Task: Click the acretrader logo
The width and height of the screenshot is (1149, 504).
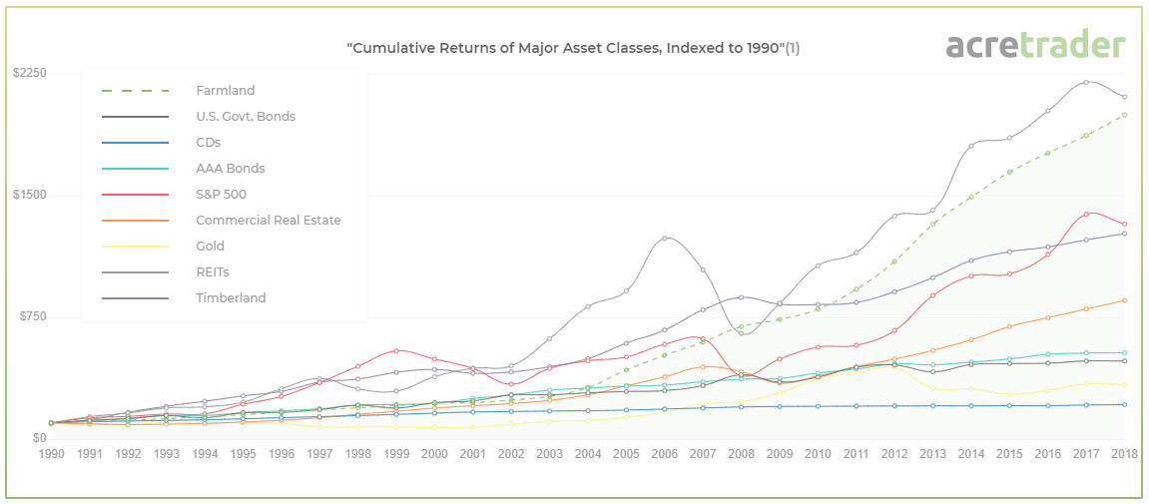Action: coord(1035,45)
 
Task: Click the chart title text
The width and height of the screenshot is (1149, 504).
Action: coord(572,48)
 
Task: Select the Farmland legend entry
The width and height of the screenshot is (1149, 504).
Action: coord(225,91)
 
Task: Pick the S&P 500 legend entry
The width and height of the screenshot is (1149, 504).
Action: coord(221,195)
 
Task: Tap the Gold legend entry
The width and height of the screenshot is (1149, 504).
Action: coord(210,247)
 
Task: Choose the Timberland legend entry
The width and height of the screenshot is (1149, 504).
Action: coord(231,297)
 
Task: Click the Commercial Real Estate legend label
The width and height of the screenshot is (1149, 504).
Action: coord(268,221)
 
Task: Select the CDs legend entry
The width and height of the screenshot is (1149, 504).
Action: coord(208,143)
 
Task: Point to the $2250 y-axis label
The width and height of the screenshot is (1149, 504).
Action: coord(30,74)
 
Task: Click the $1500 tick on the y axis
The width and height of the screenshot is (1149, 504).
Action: coord(30,196)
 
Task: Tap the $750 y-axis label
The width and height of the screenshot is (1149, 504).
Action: coord(32,317)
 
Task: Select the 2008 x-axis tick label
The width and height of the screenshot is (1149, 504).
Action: coord(741,453)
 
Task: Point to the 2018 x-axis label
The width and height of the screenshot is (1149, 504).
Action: coord(1124,453)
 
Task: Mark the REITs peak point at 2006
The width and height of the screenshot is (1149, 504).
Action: coord(665,239)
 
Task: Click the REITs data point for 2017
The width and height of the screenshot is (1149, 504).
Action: coord(1086,83)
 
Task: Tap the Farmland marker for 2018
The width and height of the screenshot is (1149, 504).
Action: coord(1124,115)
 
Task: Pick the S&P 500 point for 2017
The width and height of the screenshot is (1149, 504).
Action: coord(1086,215)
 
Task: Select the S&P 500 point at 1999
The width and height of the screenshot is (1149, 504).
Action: coord(396,350)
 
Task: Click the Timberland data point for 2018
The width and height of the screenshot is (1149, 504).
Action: coord(1124,234)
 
